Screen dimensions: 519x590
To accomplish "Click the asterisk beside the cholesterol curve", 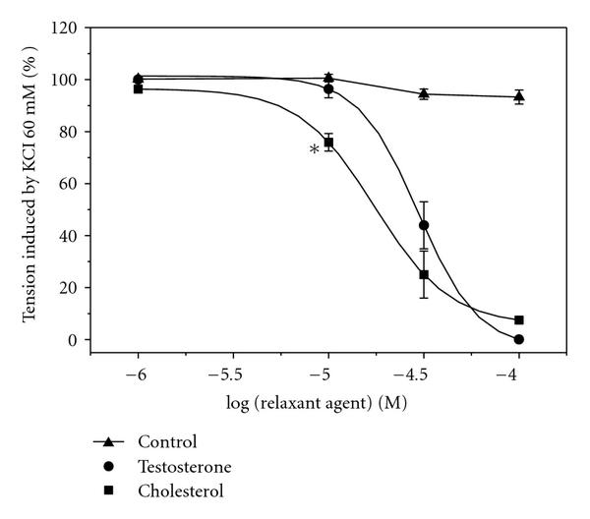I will (314, 149).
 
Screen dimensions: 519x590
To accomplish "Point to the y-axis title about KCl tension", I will (32, 184).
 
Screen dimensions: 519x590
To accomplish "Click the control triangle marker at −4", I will (519, 96).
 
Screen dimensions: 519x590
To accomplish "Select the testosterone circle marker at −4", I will (519, 339).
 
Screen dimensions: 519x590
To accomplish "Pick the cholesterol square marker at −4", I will (519, 320).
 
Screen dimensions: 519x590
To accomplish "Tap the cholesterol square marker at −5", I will (328, 143).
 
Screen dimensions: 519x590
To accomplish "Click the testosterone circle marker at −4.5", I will (424, 225).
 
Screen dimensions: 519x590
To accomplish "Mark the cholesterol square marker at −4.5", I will (424, 274).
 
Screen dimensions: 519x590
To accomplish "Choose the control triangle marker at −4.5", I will (424, 93).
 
